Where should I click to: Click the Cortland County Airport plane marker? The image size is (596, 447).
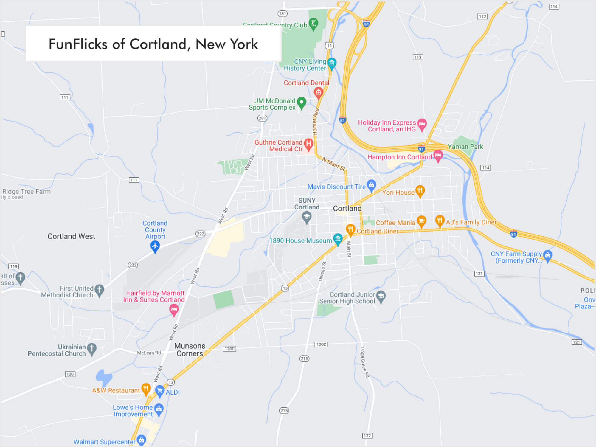click(155, 246)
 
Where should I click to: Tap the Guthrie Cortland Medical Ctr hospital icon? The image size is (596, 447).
click(309, 144)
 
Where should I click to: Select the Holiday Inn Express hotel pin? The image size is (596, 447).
click(422, 124)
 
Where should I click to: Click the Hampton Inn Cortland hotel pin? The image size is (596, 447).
click(438, 155)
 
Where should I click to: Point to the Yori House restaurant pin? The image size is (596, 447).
click(420, 190)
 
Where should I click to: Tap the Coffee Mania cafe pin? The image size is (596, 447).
click(421, 221)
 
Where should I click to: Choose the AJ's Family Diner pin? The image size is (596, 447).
click(440, 221)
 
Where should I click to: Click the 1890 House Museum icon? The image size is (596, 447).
click(338, 239)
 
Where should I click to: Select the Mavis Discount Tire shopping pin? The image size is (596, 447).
click(371, 185)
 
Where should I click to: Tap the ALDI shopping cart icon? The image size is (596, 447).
click(160, 390)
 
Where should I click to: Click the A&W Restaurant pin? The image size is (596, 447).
click(146, 389)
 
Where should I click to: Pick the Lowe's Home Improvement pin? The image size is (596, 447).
click(159, 409)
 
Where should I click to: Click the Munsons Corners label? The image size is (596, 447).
click(190, 350)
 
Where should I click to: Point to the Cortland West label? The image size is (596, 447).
click(72, 236)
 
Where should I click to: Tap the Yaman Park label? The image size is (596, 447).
click(465, 147)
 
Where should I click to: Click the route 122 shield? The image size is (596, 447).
click(367, 436)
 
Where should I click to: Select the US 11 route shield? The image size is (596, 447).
click(329, 46)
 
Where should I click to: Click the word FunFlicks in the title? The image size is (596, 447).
click(78, 44)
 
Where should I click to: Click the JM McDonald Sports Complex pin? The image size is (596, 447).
click(302, 103)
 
